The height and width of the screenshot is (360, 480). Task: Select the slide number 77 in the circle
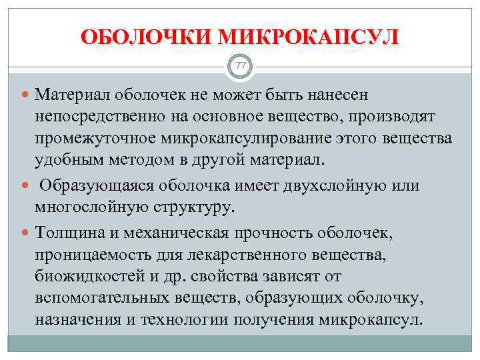pyautogui.click(x=240, y=65)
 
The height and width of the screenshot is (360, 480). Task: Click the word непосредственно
pyautogui.click(x=107, y=117)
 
